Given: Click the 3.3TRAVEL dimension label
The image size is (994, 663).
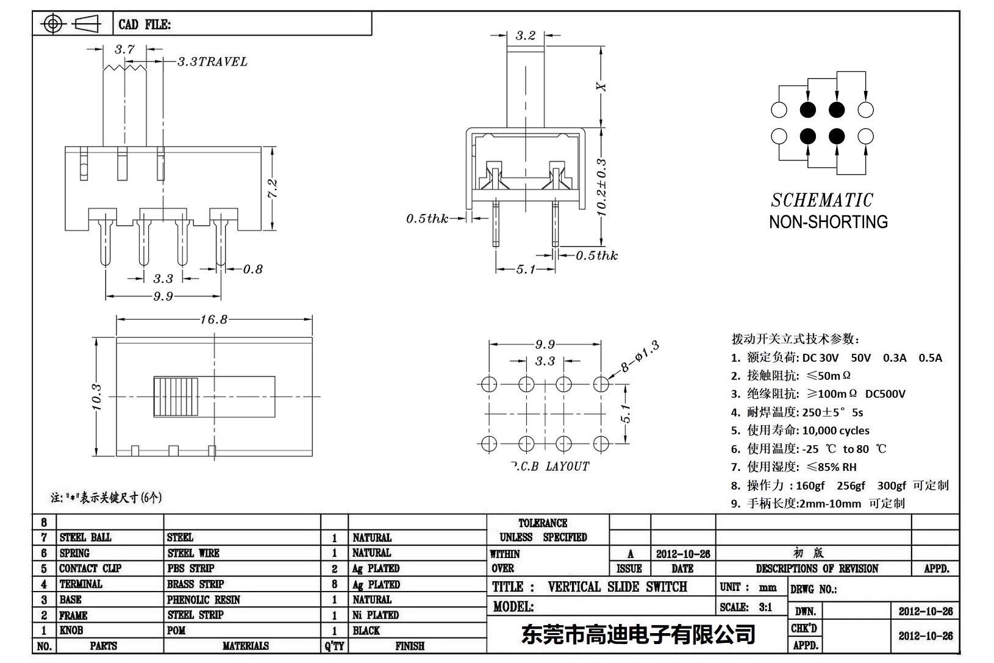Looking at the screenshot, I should [x=212, y=62].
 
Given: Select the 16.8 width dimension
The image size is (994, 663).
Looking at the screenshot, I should [x=213, y=319].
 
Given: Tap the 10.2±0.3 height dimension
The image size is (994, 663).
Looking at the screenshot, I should [x=601, y=188].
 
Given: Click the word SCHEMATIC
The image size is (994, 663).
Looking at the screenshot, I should [x=821, y=200].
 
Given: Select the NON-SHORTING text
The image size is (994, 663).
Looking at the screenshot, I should [x=828, y=222].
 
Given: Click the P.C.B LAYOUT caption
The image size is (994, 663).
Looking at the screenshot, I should [x=549, y=467].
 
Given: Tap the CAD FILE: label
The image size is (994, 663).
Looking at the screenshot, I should [x=145, y=24].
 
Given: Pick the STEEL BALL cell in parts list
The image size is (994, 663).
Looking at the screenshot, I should [x=85, y=537].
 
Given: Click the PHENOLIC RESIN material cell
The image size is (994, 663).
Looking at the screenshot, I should [x=204, y=600].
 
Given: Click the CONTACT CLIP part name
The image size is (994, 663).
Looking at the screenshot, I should [x=90, y=568].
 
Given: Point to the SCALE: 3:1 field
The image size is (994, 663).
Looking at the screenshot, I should [x=746, y=607].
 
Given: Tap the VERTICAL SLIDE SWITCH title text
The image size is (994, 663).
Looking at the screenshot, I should [x=617, y=587].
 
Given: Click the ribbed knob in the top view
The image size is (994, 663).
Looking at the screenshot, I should [x=176, y=396].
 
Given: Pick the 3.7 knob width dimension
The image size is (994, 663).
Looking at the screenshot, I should [x=124, y=49].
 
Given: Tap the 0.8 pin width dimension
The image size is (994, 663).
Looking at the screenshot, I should [x=252, y=269].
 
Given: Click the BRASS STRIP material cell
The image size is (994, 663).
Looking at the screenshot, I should [x=195, y=584].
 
